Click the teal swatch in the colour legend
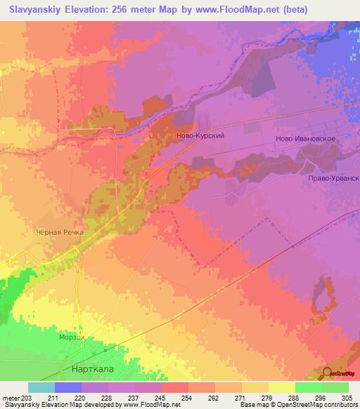pos(41,387)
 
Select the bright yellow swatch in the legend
pos(281,387)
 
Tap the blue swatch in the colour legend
pos(67,387)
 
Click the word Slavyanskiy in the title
pos(32,8)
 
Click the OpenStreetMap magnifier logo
pos(328,373)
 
